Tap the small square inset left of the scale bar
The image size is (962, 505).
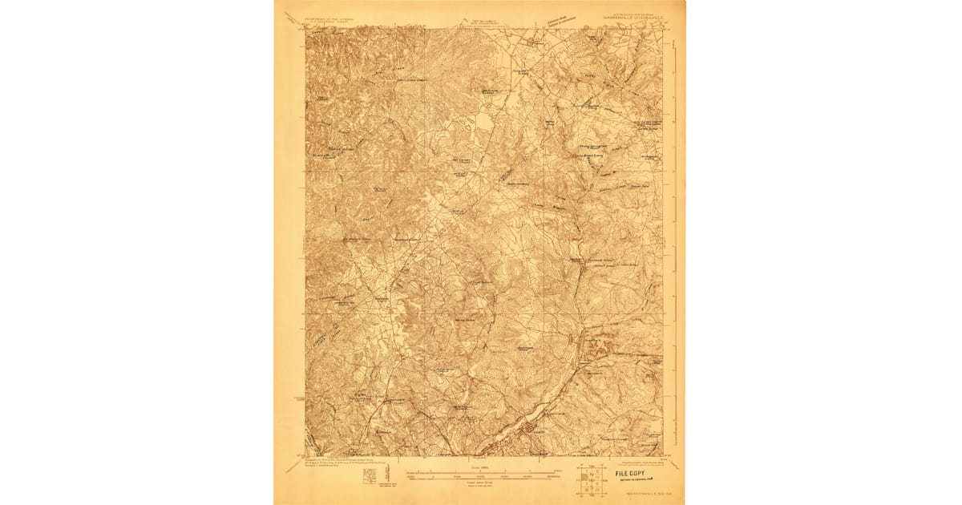(x=369, y=477)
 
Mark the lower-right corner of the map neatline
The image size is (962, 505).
(x=663, y=456)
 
